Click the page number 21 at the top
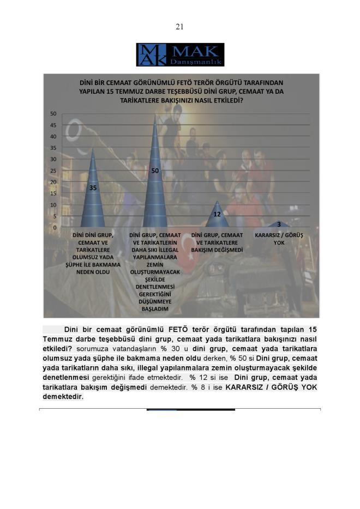coord(179,27)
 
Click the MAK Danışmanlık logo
coord(180,54)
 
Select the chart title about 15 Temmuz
coord(181,92)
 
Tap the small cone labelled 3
coord(279,224)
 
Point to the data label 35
coord(93,187)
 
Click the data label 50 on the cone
coord(155,171)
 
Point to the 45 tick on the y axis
coord(53,125)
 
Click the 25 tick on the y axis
coord(53,171)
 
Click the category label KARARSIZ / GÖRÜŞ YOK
coord(279,238)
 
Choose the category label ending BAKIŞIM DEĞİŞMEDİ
coord(217,241)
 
